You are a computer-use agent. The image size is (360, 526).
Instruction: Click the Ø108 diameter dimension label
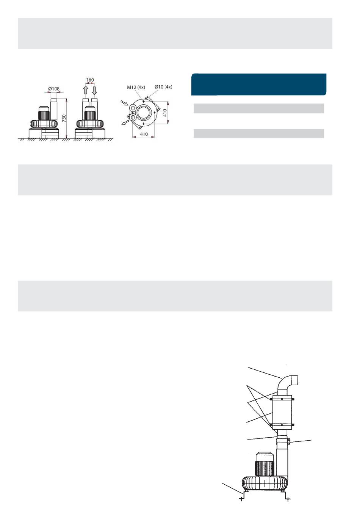coord(54,89)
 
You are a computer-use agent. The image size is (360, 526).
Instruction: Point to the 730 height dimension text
coord(64,118)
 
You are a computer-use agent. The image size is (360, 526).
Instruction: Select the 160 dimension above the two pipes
coord(90,80)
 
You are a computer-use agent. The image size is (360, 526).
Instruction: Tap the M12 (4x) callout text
coord(136,87)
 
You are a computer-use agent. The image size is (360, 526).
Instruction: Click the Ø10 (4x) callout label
coord(163,87)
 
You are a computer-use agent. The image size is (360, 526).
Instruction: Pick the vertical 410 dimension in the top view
coord(165,113)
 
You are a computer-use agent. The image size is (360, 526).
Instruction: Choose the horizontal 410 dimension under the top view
coord(144,134)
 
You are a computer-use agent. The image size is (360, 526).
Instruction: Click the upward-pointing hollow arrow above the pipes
coord(85,90)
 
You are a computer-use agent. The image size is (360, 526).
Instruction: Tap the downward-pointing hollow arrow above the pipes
coord(94,90)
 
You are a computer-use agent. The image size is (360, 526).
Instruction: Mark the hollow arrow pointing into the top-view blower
coord(124,103)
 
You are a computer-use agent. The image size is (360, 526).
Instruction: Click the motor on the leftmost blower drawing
coord(44,113)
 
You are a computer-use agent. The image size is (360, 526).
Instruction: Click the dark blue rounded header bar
coord(258,85)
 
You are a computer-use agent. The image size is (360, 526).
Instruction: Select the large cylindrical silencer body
coord(282,411)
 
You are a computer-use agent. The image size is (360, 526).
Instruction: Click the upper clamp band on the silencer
coord(282,399)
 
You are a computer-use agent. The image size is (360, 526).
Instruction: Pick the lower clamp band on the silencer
coord(282,425)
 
